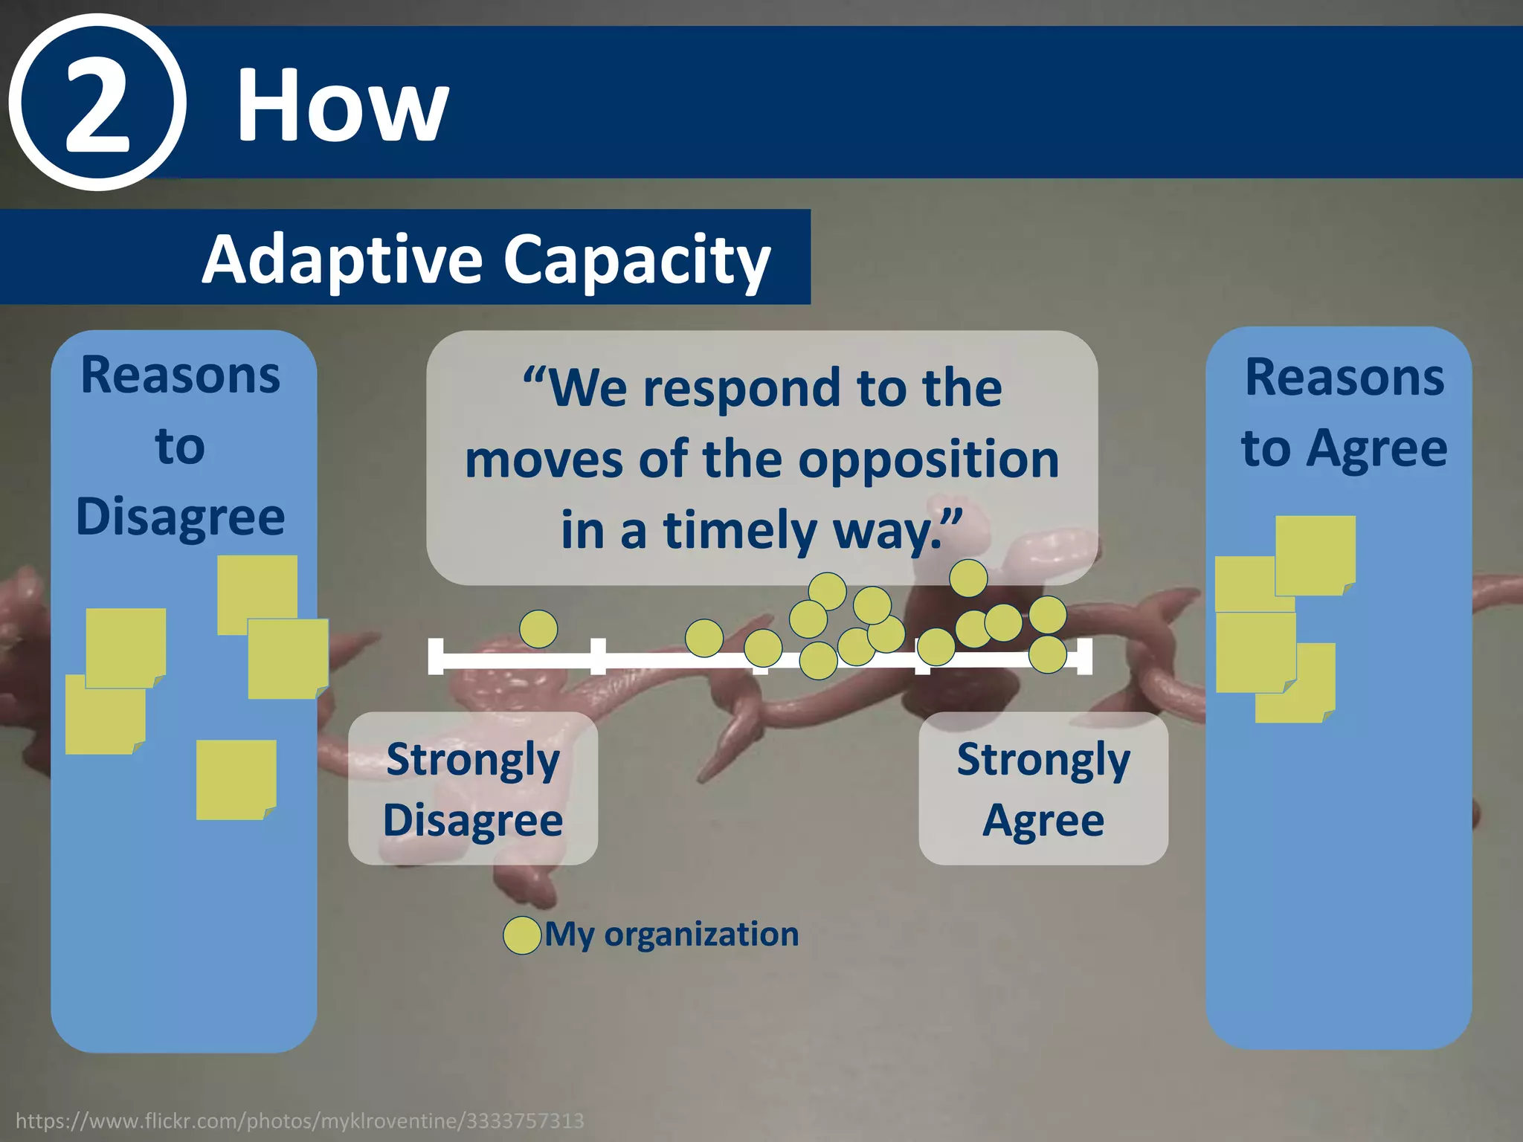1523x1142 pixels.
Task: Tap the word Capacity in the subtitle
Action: click(637, 259)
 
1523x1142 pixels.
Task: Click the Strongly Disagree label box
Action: click(473, 788)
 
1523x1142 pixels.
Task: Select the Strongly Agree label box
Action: click(1043, 788)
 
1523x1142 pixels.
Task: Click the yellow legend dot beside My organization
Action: click(522, 935)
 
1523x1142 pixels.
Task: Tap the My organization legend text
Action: click(672, 934)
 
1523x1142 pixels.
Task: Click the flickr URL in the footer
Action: click(299, 1120)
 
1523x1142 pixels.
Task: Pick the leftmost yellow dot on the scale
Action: click(538, 629)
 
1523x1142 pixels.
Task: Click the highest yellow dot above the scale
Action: click(968, 578)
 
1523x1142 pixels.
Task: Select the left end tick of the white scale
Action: click(436, 656)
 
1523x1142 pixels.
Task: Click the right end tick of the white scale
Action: click(1084, 656)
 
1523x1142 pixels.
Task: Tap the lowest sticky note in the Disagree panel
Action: click(236, 779)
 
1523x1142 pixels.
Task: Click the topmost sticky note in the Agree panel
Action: click(1315, 555)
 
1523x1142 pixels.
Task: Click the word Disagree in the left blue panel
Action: click(181, 516)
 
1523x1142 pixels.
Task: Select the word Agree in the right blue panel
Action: click(1377, 448)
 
